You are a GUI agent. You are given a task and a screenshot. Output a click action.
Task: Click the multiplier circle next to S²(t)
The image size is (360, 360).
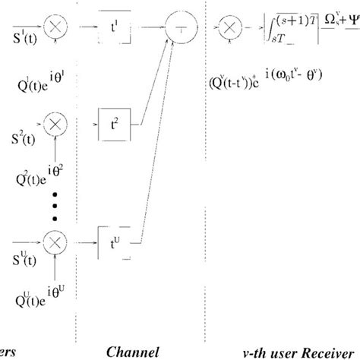[x=54, y=122]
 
